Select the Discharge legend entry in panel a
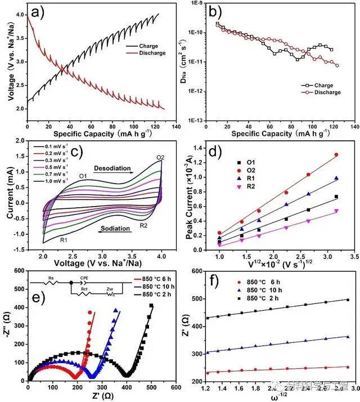point(150,53)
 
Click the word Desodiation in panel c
point(111,168)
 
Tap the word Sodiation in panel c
point(116,229)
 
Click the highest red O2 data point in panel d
point(336,154)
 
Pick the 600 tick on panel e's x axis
point(175,387)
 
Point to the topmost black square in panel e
point(151,305)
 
